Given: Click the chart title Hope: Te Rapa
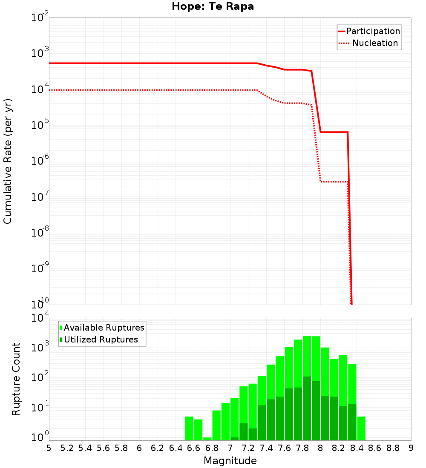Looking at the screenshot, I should pos(213,7).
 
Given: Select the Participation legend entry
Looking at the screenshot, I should pos(373,31).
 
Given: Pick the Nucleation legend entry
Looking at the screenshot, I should pos(374,43).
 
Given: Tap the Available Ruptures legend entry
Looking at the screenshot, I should pos(104,328).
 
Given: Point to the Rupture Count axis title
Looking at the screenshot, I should pos(16,379).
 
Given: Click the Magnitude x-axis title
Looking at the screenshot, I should pos(230,461).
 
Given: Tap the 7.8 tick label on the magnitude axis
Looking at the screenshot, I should pos(302,448).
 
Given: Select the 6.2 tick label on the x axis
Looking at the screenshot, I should pos(158,448).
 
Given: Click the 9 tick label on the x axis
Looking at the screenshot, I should pos(411,448).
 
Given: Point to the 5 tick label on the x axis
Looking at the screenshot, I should pos(49,448).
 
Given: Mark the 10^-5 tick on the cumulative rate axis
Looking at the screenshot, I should pos(40,126).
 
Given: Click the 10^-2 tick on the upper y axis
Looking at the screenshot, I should pos(40,18).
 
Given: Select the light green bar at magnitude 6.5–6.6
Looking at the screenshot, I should pos(190,428).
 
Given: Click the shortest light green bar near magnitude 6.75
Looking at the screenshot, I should pos(207,439).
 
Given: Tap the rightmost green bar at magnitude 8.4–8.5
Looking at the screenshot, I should pos(361,428).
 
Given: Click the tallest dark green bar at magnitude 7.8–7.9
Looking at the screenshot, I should pos(307,408).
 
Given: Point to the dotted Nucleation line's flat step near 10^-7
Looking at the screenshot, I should pos(334,182).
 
